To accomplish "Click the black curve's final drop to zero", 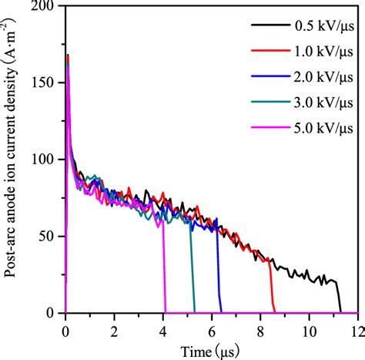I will (x=340, y=299).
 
